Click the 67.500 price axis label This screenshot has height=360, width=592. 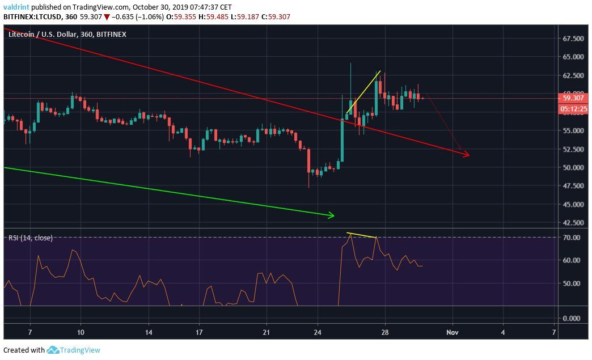point(573,39)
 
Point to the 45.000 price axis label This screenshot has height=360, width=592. point(573,205)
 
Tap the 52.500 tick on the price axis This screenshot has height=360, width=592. point(573,149)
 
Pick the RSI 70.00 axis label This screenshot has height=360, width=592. point(572,238)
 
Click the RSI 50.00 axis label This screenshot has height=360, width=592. point(572,283)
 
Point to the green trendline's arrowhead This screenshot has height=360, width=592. point(332,215)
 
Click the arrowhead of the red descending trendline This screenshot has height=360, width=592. point(467,155)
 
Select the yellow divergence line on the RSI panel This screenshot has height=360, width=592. point(362,235)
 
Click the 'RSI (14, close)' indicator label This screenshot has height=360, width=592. point(31,238)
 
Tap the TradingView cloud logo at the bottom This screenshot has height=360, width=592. point(53,350)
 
